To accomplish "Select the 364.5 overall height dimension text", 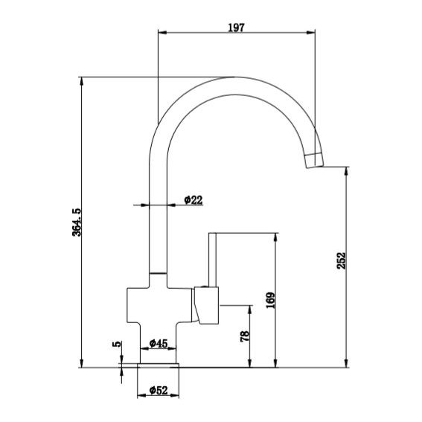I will click(x=74, y=223).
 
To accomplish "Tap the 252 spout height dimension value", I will click(x=341, y=261).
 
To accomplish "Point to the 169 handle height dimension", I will click(x=270, y=299).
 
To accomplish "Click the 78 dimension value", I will click(x=244, y=336).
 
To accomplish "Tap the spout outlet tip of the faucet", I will click(x=315, y=159).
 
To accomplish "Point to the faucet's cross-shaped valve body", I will click(x=157, y=305).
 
